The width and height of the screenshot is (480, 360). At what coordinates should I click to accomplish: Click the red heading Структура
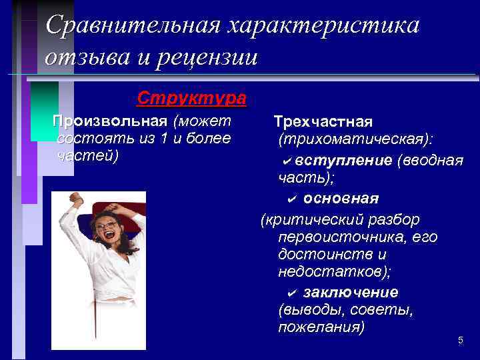click(x=191, y=98)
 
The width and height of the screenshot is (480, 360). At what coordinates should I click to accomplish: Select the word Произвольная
click(x=109, y=121)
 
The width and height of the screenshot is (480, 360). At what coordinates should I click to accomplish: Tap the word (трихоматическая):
click(x=355, y=141)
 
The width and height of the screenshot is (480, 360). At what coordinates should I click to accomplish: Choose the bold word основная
click(x=341, y=199)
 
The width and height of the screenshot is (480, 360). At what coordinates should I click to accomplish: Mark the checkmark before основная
click(x=291, y=199)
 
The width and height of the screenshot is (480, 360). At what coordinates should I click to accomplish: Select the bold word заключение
click(x=351, y=292)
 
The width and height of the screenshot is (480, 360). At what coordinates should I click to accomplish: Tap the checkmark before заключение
click(x=291, y=293)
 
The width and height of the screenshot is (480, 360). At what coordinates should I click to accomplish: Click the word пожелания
click(x=321, y=328)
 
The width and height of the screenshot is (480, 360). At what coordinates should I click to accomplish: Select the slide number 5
click(x=460, y=341)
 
